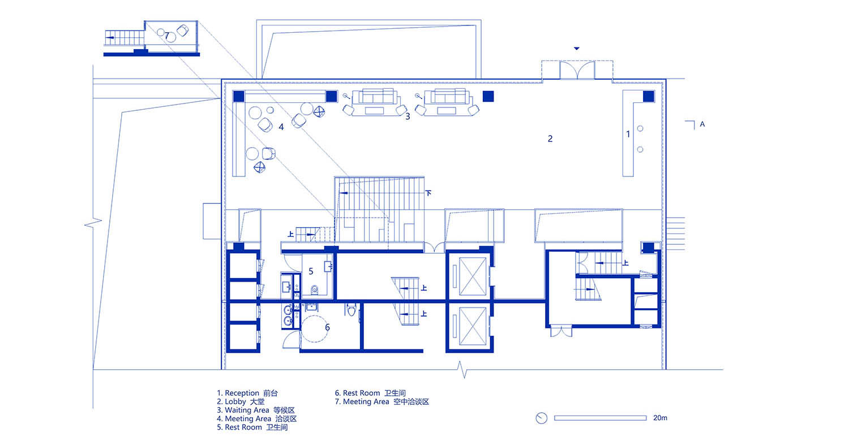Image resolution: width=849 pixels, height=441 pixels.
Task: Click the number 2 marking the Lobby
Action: click(550, 139)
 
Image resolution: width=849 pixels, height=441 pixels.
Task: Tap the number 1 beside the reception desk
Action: click(628, 134)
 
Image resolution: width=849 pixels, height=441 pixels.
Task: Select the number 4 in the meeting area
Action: click(281, 127)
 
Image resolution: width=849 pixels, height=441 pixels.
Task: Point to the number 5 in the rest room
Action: click(311, 271)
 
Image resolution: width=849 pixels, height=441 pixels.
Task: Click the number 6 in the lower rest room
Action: click(328, 327)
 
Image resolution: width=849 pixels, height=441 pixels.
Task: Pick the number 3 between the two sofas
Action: click(408, 116)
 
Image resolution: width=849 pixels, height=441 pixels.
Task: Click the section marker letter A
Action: click(702, 124)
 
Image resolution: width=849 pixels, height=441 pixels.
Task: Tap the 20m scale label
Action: click(661, 417)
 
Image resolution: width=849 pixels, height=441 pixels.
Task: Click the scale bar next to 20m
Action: click(601, 418)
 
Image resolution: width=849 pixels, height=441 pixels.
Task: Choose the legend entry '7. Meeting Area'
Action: click(362, 401)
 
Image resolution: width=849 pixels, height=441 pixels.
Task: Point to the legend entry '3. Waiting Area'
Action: click(243, 410)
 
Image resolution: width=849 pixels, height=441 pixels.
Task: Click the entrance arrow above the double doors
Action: click(577, 49)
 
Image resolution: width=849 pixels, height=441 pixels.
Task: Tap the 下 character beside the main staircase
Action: click(428, 193)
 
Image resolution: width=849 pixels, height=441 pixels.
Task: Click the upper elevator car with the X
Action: click(473, 276)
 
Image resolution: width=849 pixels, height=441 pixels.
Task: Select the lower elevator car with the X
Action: click(473, 326)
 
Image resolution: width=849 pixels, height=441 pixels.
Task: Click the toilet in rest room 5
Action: click(315, 290)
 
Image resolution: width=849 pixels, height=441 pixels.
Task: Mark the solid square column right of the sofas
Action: click(488, 97)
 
